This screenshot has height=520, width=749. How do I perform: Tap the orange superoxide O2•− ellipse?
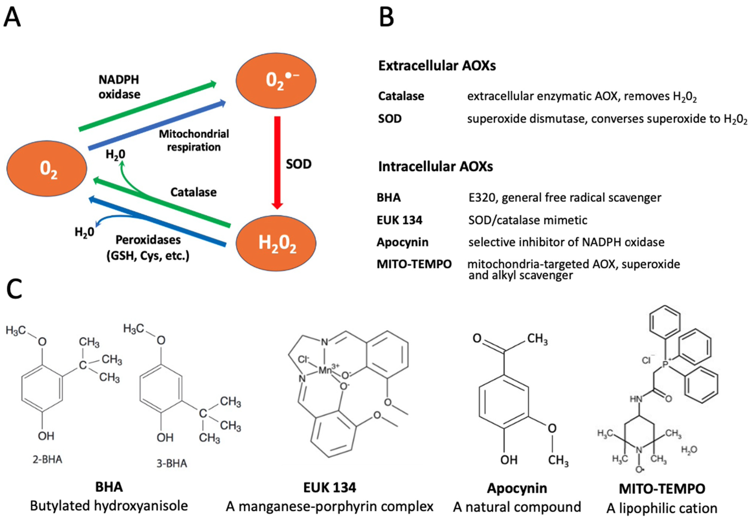pos(276,80)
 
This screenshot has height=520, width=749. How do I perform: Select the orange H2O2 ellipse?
pos(276,243)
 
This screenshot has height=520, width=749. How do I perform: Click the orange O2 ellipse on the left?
pos(47,169)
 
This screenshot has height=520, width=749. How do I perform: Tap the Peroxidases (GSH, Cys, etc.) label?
pos(148,248)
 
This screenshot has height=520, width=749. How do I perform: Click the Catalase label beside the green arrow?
pos(193,192)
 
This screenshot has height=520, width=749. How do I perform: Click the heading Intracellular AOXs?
pos(436,166)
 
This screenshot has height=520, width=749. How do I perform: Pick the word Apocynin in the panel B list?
pos(403,242)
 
